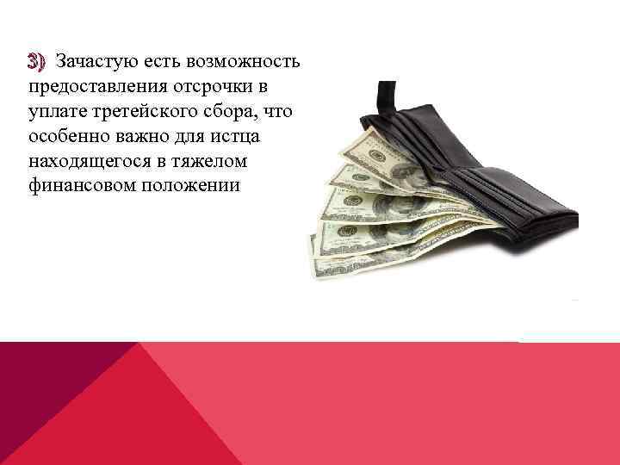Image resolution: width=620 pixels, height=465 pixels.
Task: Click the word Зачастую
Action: click(90, 62)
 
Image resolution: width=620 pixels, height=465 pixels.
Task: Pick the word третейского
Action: click(141, 112)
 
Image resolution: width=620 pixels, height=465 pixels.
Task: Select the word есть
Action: click(158, 62)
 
